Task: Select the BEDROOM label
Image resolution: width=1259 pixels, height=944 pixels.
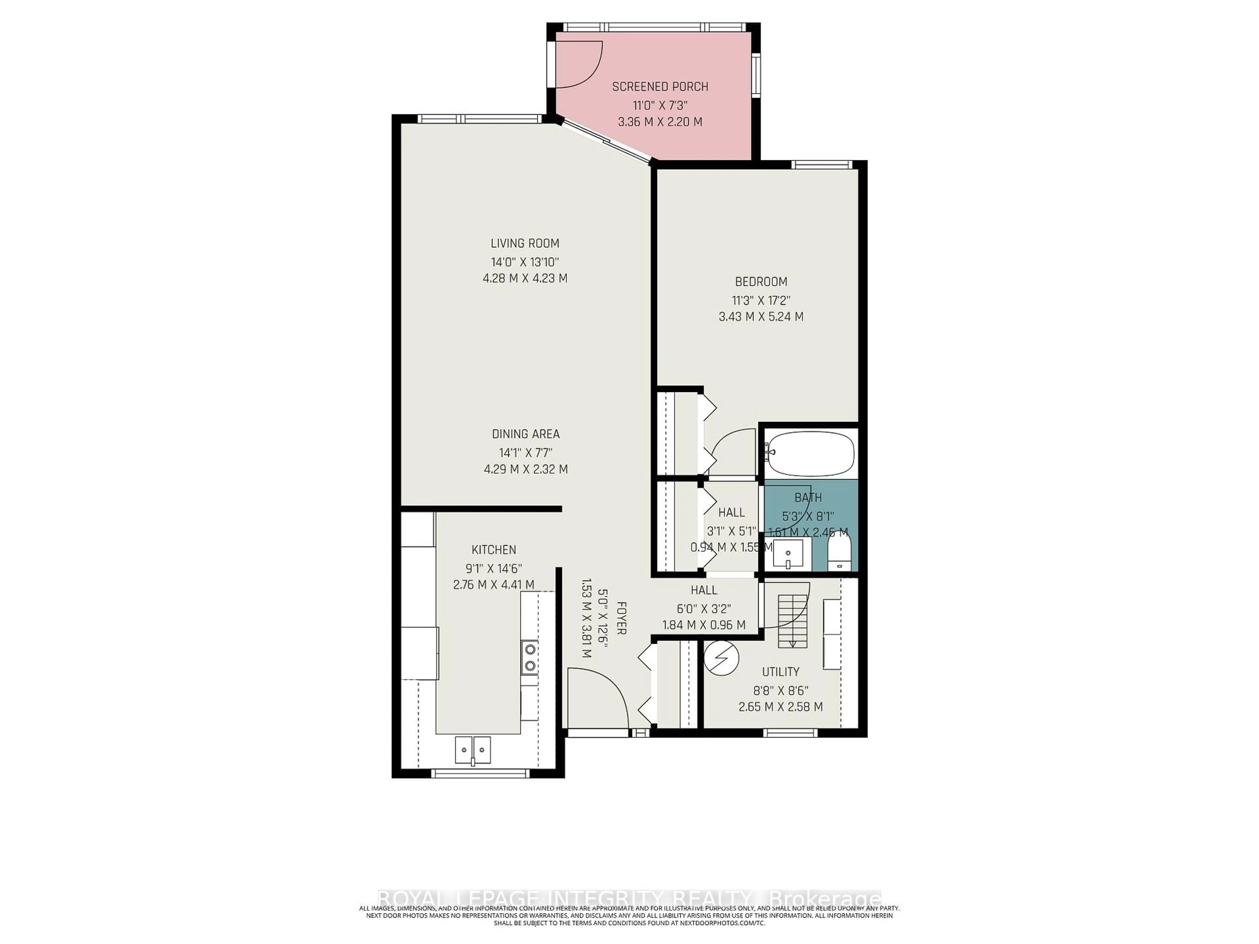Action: (x=761, y=282)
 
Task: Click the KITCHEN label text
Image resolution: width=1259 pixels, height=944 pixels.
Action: (x=493, y=550)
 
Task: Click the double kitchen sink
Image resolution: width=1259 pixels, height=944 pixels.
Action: (x=472, y=750)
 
